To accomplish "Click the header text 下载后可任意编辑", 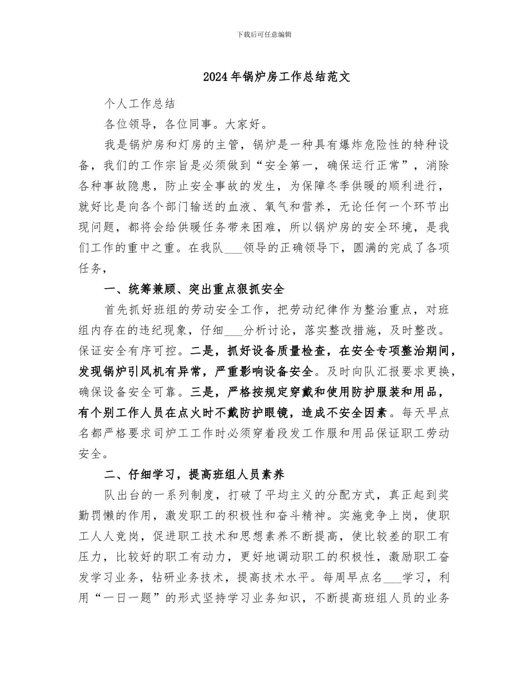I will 264,34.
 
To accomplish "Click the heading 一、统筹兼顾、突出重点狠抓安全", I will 194,289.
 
